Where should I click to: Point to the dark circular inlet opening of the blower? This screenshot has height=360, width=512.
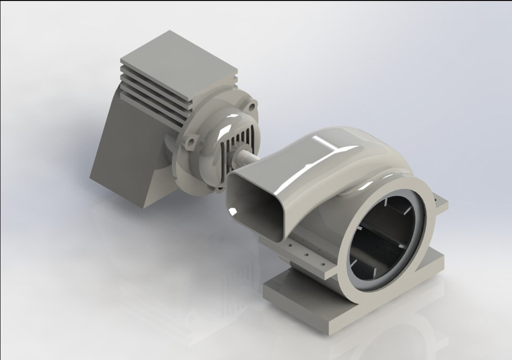(383, 236)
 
